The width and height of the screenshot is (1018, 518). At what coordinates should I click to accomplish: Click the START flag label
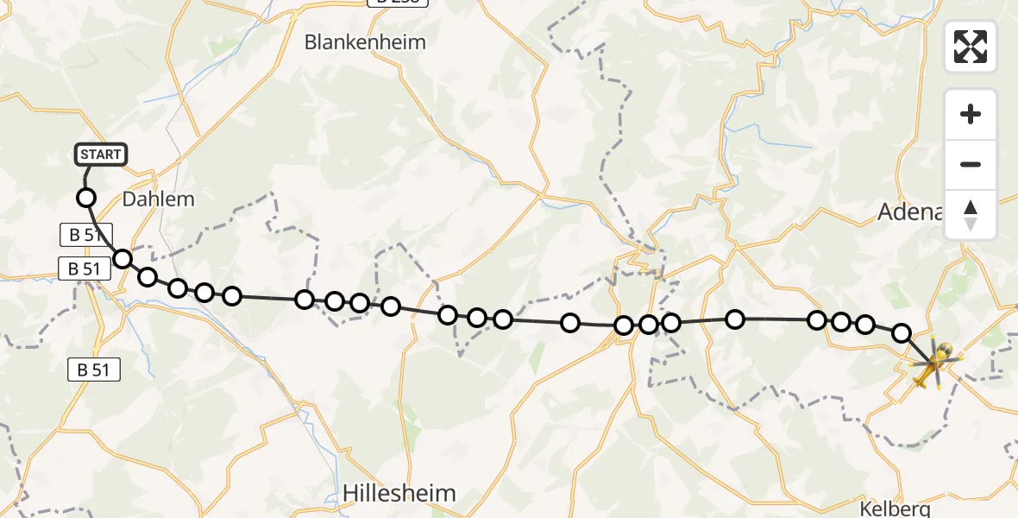[102, 155]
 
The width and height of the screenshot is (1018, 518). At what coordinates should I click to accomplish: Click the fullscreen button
[971, 47]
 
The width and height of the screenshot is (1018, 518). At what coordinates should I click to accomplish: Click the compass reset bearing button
[971, 215]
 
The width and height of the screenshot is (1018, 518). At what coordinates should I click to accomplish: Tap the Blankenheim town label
[365, 41]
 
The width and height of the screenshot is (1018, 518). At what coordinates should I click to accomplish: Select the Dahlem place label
[158, 199]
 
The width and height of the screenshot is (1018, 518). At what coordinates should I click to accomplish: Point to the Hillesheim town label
[399, 492]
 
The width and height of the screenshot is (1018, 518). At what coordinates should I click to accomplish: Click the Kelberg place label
[896, 508]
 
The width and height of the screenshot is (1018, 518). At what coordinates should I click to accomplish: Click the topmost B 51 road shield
[85, 233]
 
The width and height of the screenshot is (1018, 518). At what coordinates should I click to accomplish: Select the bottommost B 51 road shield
[94, 370]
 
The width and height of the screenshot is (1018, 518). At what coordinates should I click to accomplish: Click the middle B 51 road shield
[85, 268]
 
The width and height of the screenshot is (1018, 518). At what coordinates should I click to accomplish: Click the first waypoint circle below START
[86, 198]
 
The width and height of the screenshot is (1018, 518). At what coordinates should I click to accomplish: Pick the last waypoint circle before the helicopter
[902, 332]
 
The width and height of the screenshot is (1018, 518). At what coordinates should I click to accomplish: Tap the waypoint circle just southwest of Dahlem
[123, 259]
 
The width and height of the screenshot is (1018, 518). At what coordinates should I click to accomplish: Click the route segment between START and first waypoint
[87, 179]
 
